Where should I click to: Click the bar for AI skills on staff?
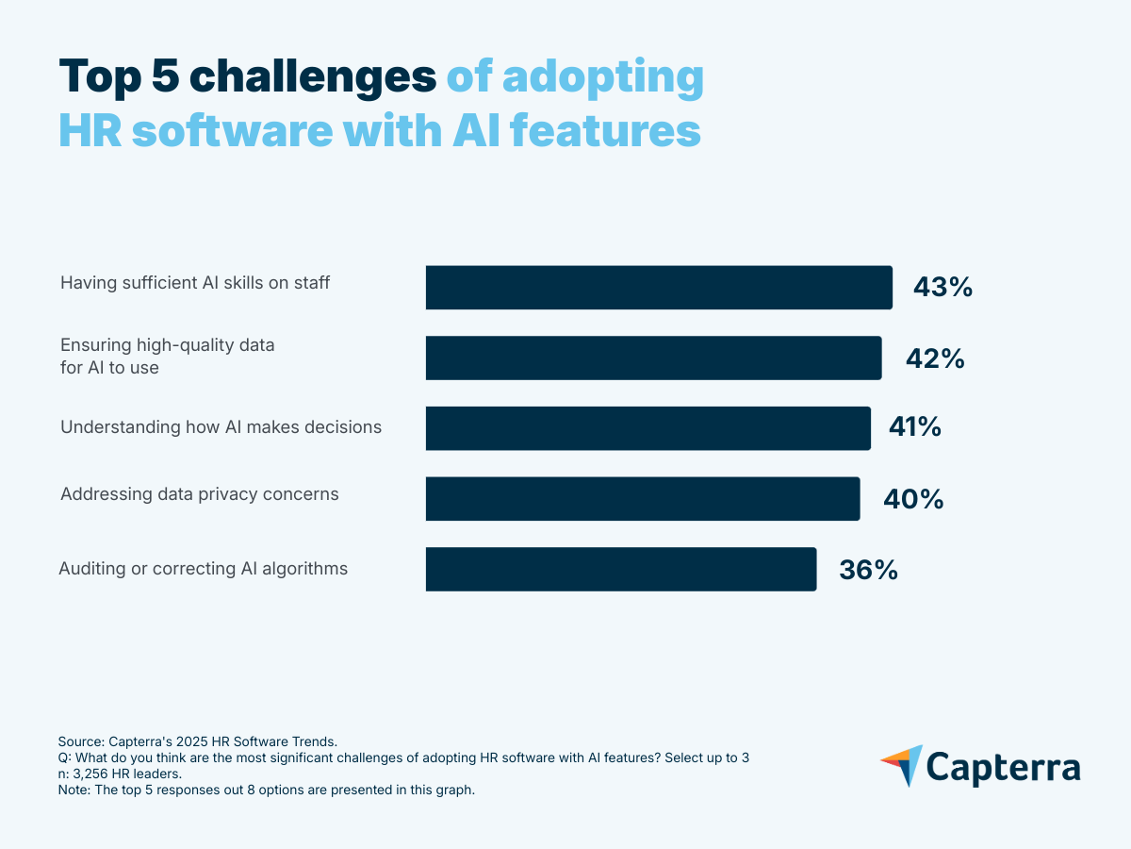click(659, 288)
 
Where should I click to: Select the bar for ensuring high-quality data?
click(653, 358)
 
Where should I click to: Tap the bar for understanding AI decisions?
click(647, 428)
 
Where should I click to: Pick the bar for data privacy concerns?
click(642, 498)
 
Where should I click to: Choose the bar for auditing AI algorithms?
click(620, 569)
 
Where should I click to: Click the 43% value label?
click(942, 288)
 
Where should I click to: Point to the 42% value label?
click(934, 358)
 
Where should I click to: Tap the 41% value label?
click(914, 428)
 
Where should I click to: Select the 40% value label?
click(913, 498)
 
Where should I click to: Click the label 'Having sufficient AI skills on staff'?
click(195, 282)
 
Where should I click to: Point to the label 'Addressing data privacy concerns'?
click(199, 493)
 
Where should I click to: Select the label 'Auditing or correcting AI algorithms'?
click(204, 569)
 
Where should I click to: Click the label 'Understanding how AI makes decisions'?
click(221, 426)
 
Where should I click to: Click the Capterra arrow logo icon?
click(901, 765)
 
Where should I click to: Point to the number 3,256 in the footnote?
click(92, 774)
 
